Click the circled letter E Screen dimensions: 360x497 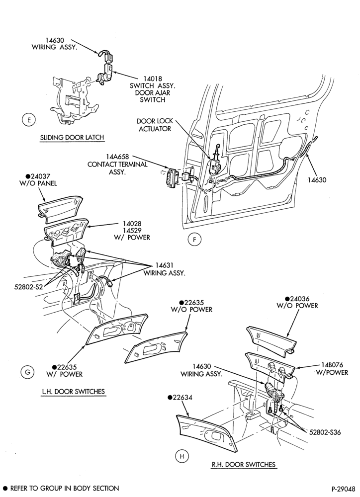click(29, 120)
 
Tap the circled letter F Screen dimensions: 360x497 click(194, 240)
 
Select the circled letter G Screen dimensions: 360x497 click(27, 372)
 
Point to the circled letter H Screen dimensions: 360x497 click(182, 456)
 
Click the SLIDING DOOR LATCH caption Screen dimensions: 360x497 click(72, 138)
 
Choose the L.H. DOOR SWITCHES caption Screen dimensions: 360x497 click(73, 392)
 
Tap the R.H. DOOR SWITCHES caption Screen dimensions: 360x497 click(244, 464)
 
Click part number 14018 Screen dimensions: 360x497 click(152, 79)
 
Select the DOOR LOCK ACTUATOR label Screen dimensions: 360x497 click(155, 125)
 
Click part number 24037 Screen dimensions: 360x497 click(40, 176)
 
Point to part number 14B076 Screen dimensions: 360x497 click(332, 365)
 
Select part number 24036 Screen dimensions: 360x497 click(297, 299)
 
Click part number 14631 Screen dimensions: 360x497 click(164, 265)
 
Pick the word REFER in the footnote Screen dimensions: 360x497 click(20, 489)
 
